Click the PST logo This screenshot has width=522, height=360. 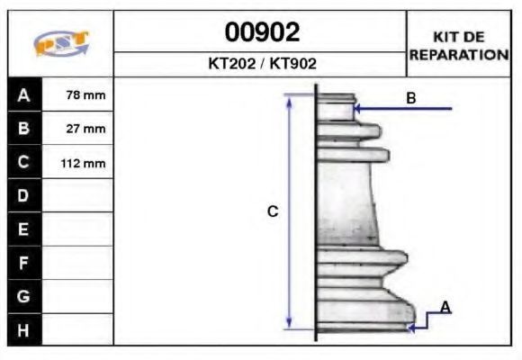click(61, 43)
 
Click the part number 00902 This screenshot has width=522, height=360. click(262, 32)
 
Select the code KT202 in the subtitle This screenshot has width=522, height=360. click(231, 63)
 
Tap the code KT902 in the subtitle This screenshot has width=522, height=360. click(293, 63)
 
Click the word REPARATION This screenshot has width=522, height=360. click(459, 55)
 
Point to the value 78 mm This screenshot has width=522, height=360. click(85, 95)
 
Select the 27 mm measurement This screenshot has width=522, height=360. click(85, 129)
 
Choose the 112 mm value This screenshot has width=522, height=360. click(83, 164)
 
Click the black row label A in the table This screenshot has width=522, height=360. click(24, 94)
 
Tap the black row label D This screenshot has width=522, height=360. click(24, 195)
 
